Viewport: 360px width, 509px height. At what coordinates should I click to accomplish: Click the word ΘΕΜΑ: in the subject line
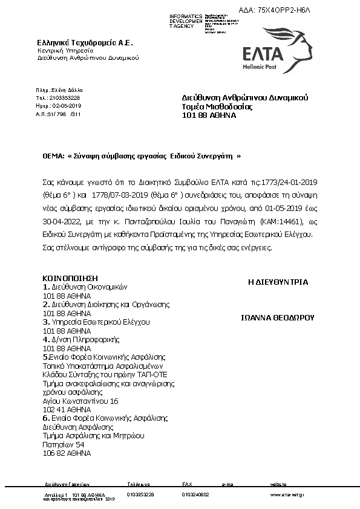pyautogui.click(x=53, y=155)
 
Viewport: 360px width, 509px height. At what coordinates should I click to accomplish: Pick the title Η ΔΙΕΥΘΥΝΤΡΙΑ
pyautogui.click(x=278, y=282)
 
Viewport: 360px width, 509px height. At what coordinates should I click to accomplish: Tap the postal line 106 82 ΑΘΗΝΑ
pyautogui.click(x=67, y=452)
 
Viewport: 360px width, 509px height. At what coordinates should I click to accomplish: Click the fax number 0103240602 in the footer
pyautogui.click(x=195, y=494)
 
